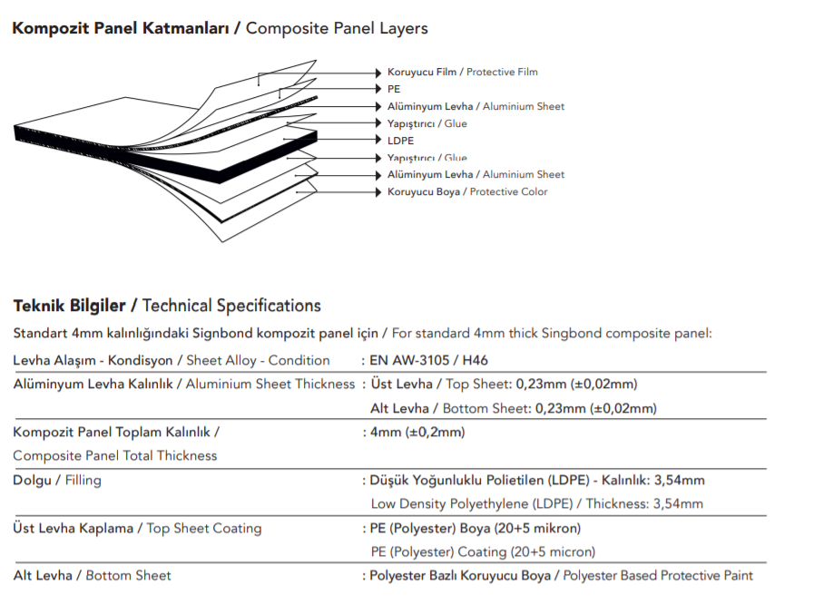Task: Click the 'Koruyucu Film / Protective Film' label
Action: [x=463, y=73]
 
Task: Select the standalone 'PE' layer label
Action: [x=394, y=89]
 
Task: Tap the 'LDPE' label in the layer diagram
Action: [x=401, y=141]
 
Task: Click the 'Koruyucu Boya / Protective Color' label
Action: [x=467, y=192]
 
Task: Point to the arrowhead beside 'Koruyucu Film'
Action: [x=378, y=73]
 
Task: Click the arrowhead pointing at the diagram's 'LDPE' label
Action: [x=378, y=140]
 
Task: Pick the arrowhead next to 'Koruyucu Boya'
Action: [x=378, y=192]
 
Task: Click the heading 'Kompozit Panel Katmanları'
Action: [x=121, y=28]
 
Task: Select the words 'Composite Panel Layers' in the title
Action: [x=337, y=28]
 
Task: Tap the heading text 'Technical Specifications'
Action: [x=231, y=306]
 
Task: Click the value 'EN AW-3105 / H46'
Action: [x=429, y=360]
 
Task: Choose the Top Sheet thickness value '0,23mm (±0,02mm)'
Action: [x=577, y=384]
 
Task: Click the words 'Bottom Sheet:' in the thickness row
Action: [x=487, y=408]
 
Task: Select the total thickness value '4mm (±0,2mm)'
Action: [x=417, y=432]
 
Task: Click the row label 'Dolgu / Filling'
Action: [x=57, y=480]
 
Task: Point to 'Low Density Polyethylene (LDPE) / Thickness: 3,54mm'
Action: [x=537, y=504]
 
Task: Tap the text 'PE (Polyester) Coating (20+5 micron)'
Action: [x=483, y=551]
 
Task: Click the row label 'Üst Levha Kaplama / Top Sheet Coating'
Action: [x=137, y=528]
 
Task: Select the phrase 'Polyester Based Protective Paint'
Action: [x=658, y=576]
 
